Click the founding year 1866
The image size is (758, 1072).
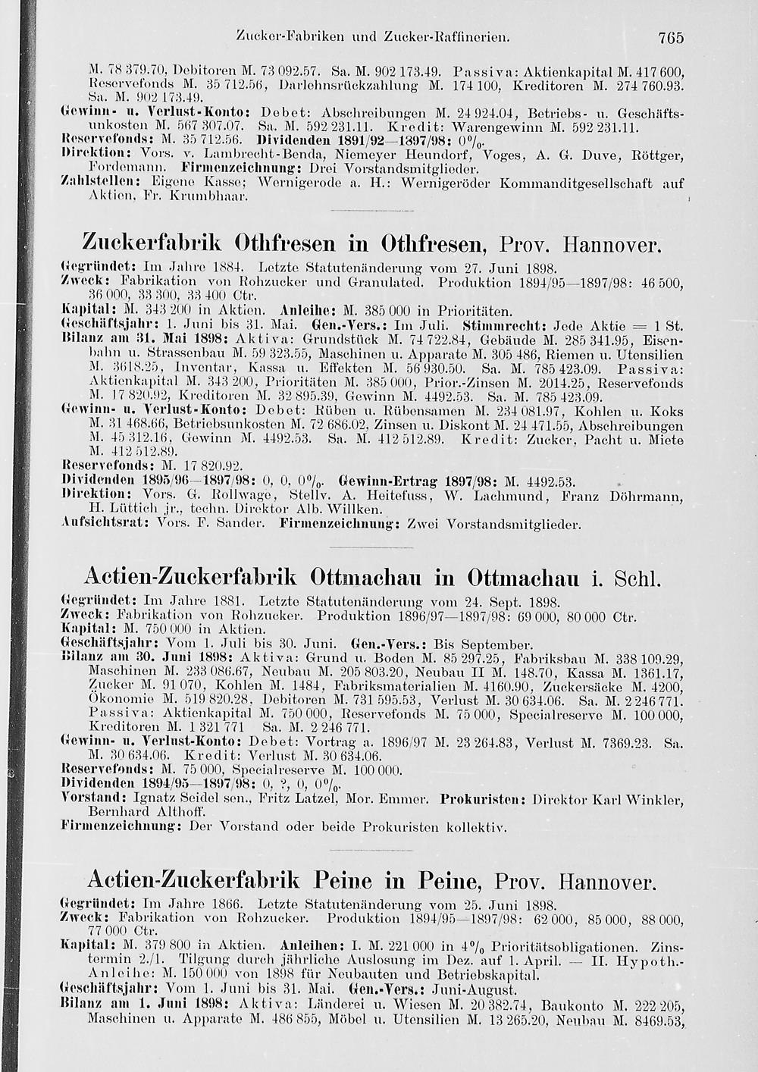(227, 904)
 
